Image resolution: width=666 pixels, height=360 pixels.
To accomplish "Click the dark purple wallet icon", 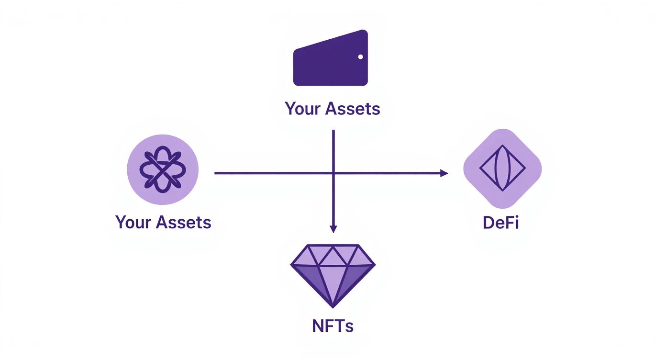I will tap(330, 60).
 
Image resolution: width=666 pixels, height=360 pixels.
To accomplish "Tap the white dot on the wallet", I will tap(360, 57).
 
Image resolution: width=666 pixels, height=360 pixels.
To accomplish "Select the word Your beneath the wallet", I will tap(303, 109).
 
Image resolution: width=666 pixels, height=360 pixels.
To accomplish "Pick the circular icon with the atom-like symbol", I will tap(163, 169).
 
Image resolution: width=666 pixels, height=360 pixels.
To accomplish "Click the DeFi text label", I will tap(501, 223).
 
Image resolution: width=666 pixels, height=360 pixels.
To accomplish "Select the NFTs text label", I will tap(333, 326).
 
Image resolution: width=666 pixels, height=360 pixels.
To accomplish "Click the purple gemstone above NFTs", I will tap(333, 273).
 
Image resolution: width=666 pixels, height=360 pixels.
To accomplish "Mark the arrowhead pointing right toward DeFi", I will tap(444, 173).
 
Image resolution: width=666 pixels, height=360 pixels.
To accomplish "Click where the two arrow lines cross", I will tap(333, 173).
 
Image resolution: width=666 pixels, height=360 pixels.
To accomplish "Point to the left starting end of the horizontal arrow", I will tap(215, 173).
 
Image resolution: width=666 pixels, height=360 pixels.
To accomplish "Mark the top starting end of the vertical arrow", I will tap(333, 130).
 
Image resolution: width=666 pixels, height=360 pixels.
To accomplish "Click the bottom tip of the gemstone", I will tap(333, 306).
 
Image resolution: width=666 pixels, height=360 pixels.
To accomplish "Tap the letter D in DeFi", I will tap(488, 223).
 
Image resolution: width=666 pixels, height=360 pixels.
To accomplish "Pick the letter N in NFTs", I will tap(318, 326).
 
